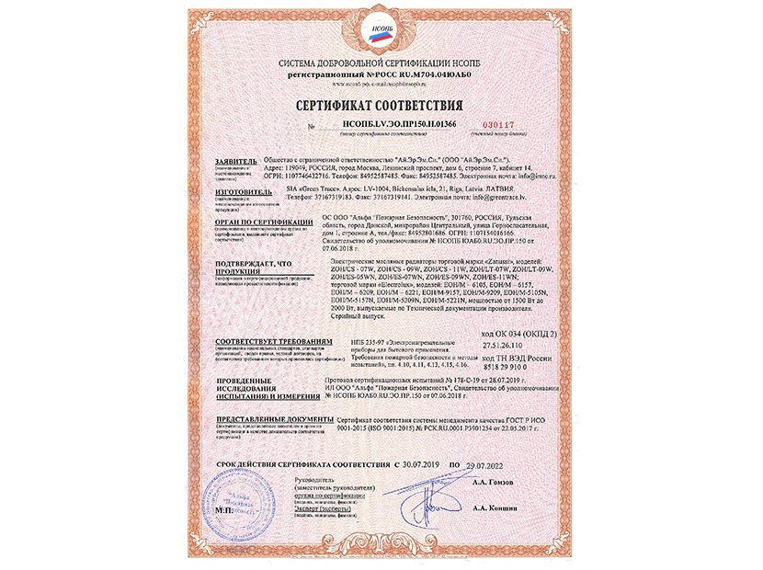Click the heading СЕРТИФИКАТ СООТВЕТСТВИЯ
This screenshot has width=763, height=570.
pos(381,106)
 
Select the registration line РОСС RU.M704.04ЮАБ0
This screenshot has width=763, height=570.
pos(379,72)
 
